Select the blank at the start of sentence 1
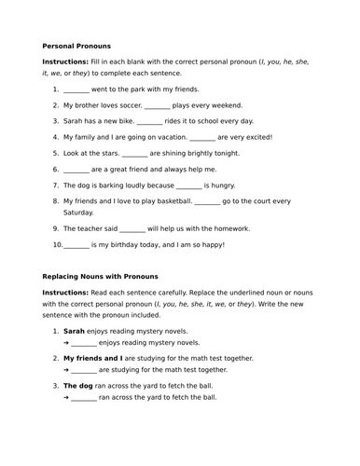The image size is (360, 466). [x=76, y=90]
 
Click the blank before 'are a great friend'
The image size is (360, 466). [x=76, y=169]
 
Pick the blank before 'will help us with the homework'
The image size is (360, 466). [x=132, y=229]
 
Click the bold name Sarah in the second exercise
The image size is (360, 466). [x=74, y=331]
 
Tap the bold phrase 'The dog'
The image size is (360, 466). [x=78, y=385]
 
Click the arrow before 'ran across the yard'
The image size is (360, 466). [x=67, y=396]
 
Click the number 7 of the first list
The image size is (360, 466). [x=55, y=185]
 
